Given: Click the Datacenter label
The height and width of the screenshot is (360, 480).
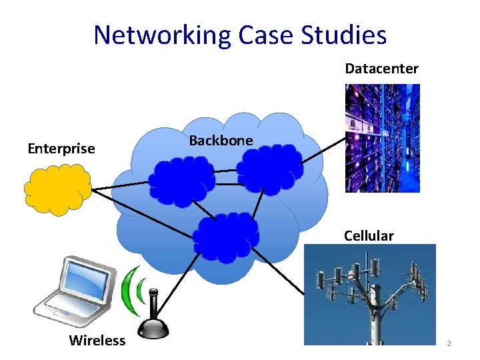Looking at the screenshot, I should click(x=381, y=69).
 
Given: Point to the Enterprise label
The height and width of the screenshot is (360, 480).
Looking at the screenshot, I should click(x=61, y=149).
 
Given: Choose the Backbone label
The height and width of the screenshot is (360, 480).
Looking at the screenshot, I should click(x=221, y=140).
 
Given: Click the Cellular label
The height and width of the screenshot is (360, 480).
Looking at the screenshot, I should click(x=369, y=235).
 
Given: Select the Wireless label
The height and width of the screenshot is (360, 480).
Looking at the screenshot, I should click(x=97, y=341).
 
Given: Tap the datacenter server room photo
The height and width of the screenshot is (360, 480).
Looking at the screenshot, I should click(x=382, y=138).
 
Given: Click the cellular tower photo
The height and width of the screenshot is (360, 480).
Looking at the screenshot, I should click(x=369, y=294).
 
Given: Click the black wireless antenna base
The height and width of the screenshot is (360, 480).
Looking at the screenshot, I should click(x=154, y=327).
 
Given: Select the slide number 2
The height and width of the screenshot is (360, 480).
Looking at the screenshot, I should click(x=449, y=343).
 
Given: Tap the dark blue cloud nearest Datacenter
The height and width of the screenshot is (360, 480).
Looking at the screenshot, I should click(x=268, y=166).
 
